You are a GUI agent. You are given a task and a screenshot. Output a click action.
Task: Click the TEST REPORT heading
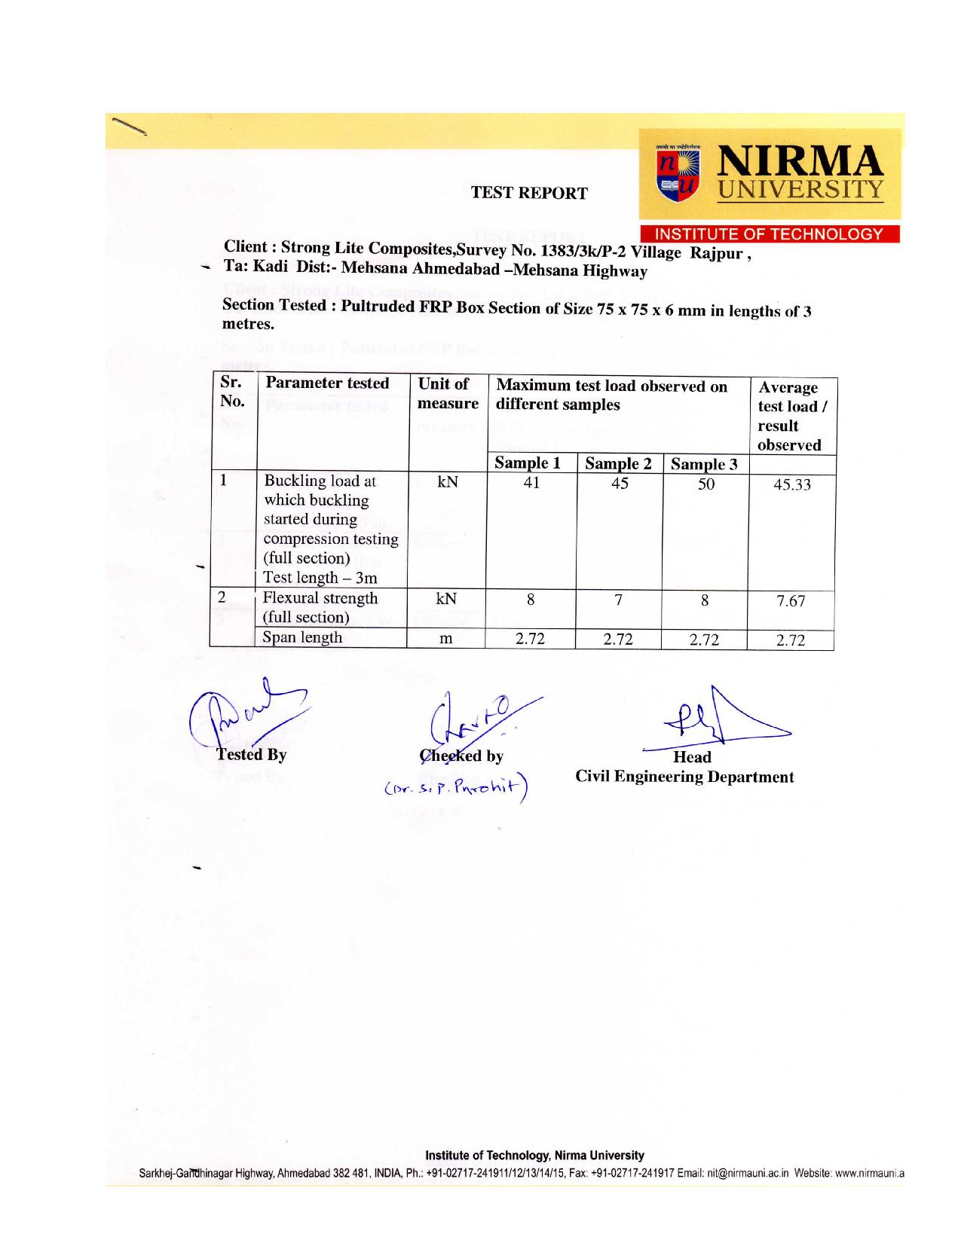(529, 193)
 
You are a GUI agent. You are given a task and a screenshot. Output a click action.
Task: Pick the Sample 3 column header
(704, 464)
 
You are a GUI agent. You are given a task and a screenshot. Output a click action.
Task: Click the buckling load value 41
(531, 484)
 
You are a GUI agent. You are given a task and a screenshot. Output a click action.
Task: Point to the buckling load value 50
(705, 484)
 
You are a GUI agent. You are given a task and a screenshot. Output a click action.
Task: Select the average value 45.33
(792, 484)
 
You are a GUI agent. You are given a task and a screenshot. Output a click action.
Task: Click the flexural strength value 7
(618, 600)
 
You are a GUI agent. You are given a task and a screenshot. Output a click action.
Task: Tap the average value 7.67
(791, 601)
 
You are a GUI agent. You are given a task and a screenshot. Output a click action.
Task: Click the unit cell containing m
(446, 640)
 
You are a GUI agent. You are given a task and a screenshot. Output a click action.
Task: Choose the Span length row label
(301, 637)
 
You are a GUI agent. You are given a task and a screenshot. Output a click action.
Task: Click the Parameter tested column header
(326, 383)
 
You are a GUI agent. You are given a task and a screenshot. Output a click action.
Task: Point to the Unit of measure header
(448, 393)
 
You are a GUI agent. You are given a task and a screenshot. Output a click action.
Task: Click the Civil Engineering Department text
(684, 777)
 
